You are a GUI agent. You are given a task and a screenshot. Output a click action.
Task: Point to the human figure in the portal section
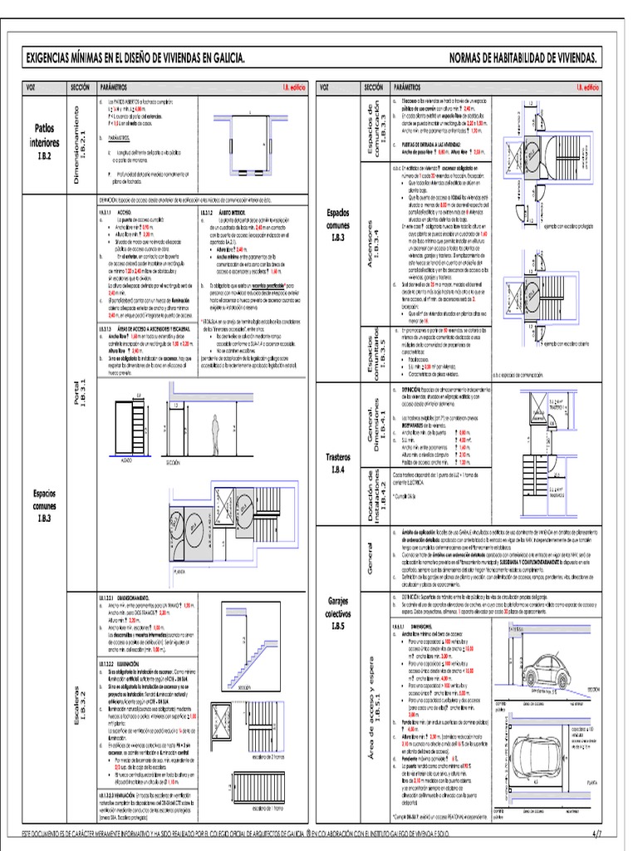click(x=214, y=434)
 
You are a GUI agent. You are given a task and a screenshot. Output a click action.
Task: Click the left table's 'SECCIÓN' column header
click(x=80, y=86)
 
